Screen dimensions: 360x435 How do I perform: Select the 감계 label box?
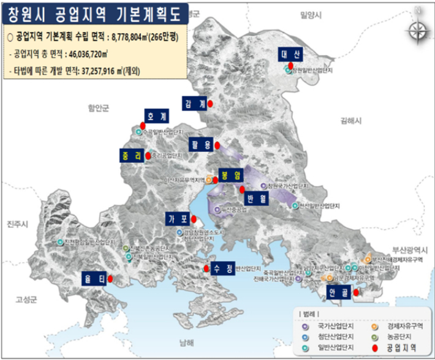coord(195,103)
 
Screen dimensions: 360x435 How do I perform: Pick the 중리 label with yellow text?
coord(132,156)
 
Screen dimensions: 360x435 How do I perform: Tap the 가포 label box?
coord(178,219)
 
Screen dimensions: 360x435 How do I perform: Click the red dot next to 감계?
coord(210,104)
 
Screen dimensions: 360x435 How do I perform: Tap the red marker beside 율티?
coord(110,279)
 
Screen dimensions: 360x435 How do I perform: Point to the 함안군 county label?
coord(97,108)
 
